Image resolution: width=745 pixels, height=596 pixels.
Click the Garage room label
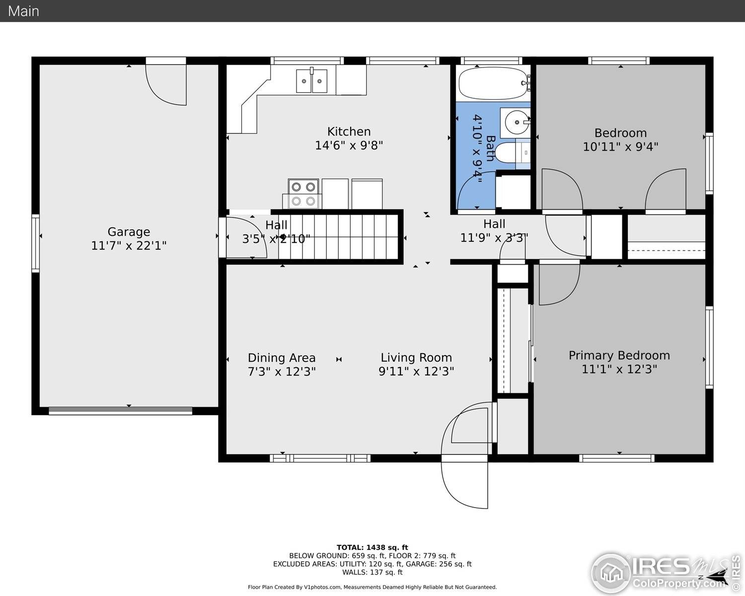point(129,232)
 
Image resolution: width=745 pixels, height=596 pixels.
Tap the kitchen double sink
point(311,81)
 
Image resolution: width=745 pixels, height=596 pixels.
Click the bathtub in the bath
point(492,83)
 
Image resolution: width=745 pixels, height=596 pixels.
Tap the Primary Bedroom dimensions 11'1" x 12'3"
point(619,369)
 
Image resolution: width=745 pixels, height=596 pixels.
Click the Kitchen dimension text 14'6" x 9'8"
point(349,146)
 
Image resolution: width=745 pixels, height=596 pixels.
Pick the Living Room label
point(416,358)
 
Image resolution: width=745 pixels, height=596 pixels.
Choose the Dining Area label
point(282,358)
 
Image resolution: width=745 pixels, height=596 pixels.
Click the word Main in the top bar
point(23,11)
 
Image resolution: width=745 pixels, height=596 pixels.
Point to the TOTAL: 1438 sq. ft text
point(372,547)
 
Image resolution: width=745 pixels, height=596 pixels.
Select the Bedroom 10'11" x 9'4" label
point(620,140)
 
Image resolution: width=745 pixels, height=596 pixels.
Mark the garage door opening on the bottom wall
point(120,411)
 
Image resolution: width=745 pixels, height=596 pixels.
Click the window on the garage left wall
point(35,243)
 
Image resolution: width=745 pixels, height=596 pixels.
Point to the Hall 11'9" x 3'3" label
point(494,231)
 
